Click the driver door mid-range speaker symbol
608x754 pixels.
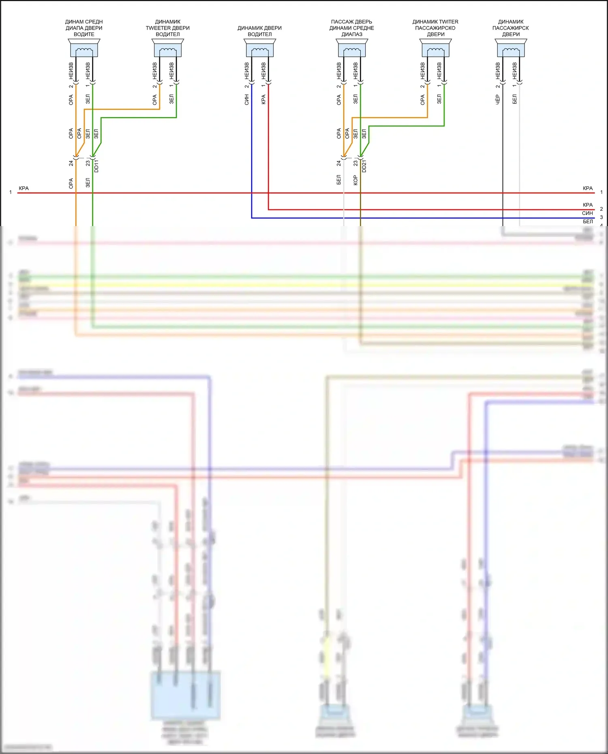coord(84,48)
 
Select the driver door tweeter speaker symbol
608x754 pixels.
coord(168,48)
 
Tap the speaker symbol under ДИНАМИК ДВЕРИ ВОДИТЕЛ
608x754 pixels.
coord(260,48)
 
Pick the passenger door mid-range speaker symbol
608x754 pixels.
coord(352,48)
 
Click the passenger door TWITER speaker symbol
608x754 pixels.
coord(436,48)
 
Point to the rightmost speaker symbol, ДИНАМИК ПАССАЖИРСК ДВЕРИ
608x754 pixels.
coord(511,48)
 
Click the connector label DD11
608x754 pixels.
coord(96,166)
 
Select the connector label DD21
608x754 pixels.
coord(364,166)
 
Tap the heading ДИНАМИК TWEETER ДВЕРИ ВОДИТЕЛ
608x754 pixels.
coord(168,28)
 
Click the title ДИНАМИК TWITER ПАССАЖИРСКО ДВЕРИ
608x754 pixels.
coord(435,28)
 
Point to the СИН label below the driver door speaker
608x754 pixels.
coord(246,100)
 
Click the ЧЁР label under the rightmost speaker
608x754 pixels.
coord(498,100)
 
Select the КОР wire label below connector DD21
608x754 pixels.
coord(355,180)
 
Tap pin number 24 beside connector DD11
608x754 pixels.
coord(71,163)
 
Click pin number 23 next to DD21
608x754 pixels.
coord(355,163)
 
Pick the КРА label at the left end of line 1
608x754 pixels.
coord(24,188)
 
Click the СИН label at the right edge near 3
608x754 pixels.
coord(587,213)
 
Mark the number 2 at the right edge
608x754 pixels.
coord(602,209)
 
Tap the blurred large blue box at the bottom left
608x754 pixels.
coord(186,695)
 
